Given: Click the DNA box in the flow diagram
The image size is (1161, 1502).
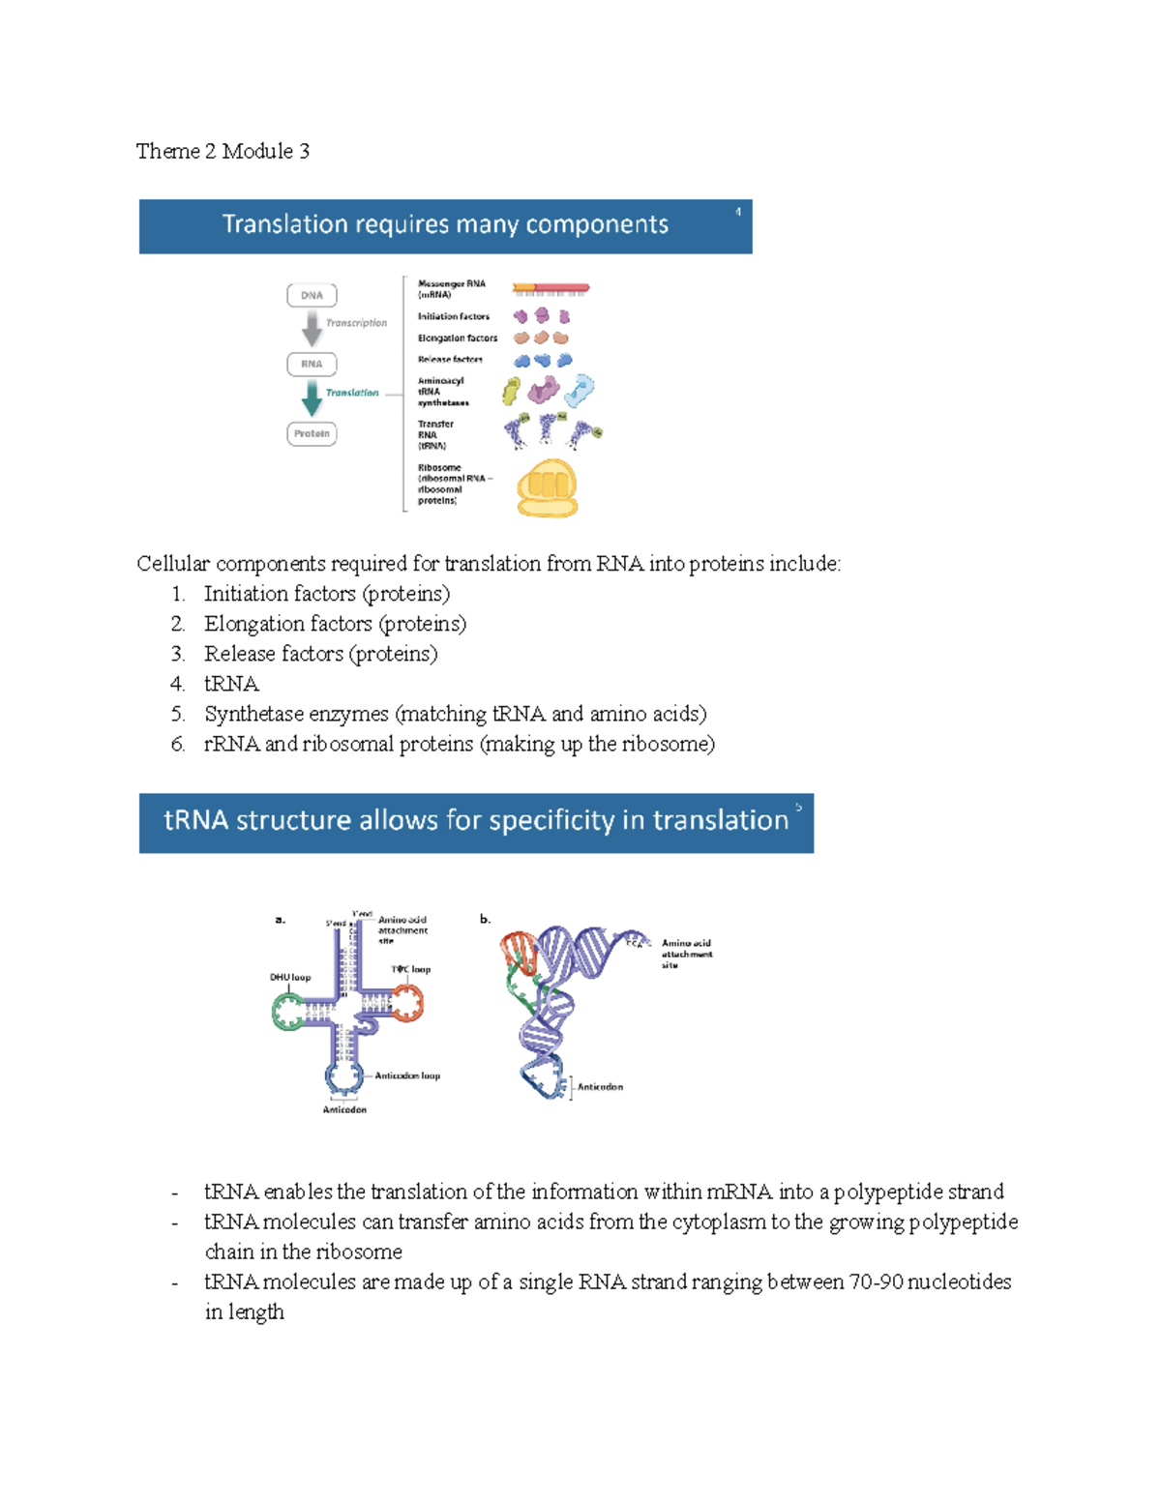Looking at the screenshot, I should point(312,295).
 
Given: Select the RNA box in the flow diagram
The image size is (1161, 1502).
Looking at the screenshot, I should point(312,365).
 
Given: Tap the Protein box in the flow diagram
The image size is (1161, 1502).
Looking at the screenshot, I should point(312,434).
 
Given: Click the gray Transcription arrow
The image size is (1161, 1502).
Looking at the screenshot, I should point(312,329).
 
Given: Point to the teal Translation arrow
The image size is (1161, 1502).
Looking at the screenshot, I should point(312,398).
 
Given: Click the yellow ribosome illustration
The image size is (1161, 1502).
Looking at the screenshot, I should point(547,487).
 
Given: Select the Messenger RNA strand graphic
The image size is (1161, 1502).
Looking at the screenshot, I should point(551,288).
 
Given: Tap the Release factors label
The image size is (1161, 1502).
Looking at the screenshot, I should point(450,360).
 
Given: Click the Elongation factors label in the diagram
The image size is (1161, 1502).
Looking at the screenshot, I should point(458,339).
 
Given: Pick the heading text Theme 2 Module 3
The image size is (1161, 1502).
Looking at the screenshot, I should point(223,151).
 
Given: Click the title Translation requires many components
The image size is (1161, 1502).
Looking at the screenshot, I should point(445,224).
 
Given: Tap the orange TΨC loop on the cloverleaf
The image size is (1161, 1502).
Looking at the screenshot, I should point(407,1003).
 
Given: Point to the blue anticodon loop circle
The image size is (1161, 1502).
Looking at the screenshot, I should point(343,1075).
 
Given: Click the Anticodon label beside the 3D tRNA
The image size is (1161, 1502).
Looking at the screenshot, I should point(600,1087).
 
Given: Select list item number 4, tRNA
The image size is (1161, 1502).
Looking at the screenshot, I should point(231,684).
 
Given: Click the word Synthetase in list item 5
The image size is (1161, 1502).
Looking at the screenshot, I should point(249,714).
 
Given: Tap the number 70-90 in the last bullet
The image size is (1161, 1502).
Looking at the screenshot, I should point(876,1282).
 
